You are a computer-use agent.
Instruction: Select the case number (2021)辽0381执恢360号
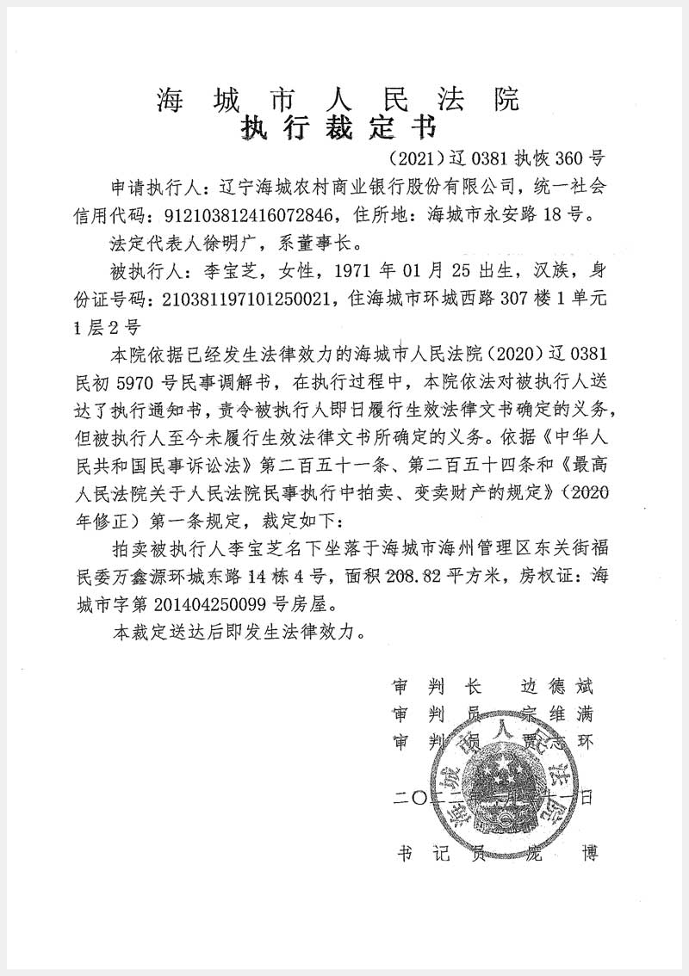coord(497,158)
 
